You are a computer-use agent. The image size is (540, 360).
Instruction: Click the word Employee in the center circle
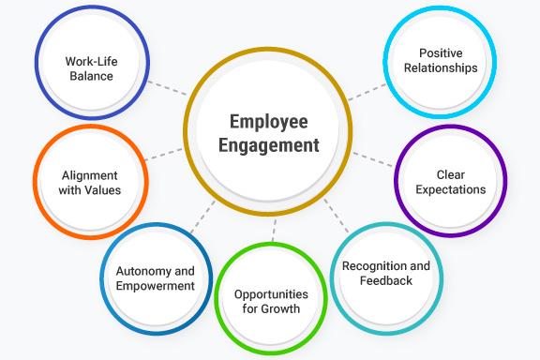point(271,122)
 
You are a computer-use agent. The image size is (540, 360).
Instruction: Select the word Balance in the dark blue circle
point(89,77)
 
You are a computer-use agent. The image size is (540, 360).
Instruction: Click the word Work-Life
point(89,62)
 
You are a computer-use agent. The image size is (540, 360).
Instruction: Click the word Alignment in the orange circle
point(90,175)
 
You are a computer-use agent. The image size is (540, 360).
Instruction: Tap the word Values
point(103,190)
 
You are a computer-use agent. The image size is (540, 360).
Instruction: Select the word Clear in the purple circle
point(451,174)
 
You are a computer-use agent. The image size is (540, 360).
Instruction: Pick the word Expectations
point(451,189)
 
